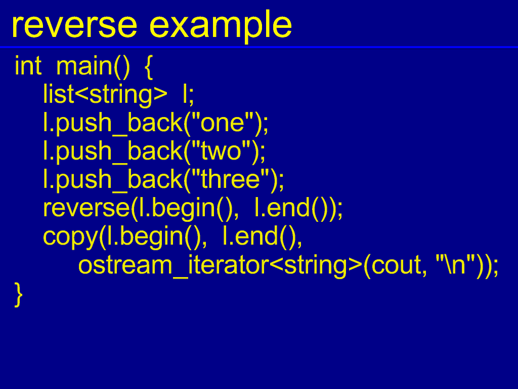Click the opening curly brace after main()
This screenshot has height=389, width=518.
pos(149,67)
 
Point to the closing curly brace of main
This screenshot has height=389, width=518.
pos(19,295)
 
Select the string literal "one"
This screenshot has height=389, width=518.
pos(223,123)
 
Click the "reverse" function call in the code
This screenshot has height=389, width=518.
pos(87,208)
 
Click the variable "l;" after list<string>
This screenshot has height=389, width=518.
pos(189,94)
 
